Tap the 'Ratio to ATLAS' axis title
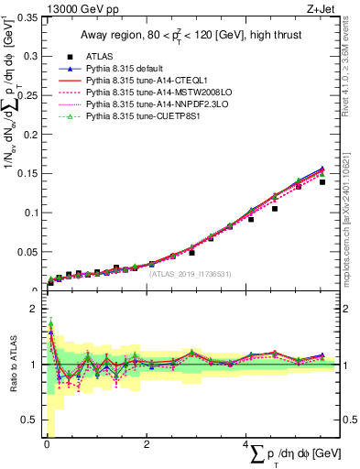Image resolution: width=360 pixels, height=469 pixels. pos(12,363)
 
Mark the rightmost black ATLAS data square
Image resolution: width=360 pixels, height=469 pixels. pos(322,182)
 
